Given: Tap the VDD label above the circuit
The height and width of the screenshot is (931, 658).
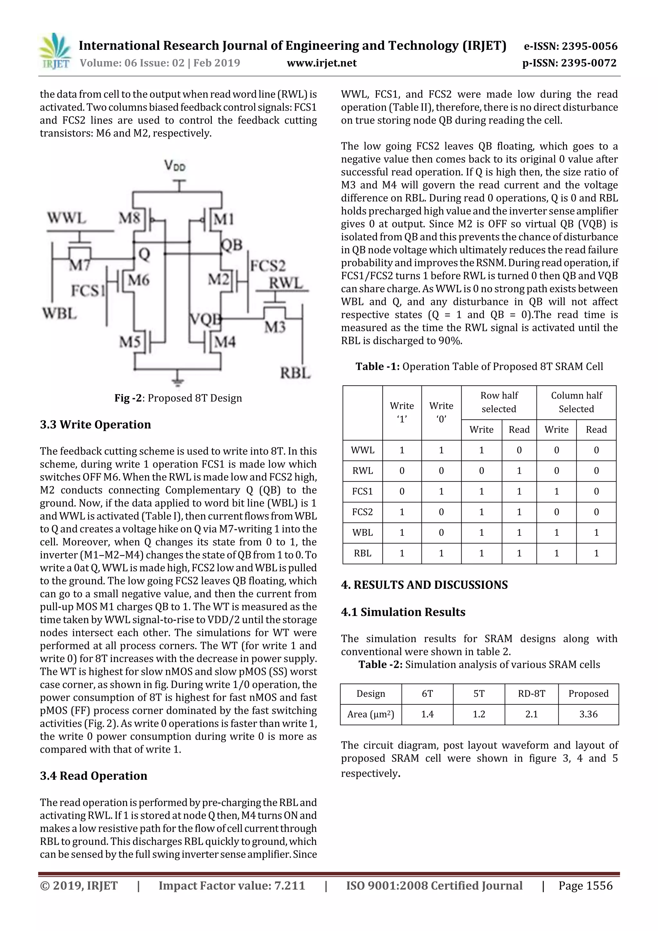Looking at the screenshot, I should pyautogui.click(x=175, y=166).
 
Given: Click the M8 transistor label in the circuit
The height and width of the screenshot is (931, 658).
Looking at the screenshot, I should pyautogui.click(x=129, y=219).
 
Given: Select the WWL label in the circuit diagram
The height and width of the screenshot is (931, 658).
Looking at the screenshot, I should pyautogui.click(x=67, y=219).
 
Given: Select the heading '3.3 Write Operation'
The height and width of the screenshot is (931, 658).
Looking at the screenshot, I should pyautogui.click(x=95, y=425).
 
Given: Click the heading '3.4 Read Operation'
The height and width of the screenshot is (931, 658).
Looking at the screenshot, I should pyautogui.click(x=93, y=776).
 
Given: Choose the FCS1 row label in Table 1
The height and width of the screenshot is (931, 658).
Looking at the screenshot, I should pyautogui.click(x=362, y=491).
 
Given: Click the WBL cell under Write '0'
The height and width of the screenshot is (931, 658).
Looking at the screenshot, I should pyautogui.click(x=441, y=533).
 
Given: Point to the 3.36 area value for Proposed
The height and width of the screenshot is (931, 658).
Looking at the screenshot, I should pyautogui.click(x=588, y=714).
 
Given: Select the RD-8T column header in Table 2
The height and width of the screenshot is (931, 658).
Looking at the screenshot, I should pyautogui.click(x=531, y=694).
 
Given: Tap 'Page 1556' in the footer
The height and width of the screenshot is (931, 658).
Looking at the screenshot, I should pyautogui.click(x=585, y=886).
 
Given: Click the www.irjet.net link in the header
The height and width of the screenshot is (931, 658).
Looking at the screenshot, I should pyautogui.click(x=322, y=63).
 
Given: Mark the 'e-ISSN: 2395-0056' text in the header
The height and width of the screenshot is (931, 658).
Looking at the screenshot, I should pyautogui.click(x=570, y=46).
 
